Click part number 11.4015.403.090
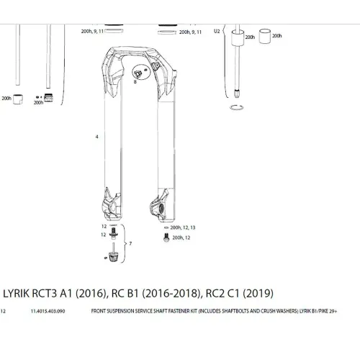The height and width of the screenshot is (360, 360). [52, 312]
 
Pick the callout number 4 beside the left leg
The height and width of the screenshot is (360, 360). [96, 136]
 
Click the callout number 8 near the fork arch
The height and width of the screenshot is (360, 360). [135, 84]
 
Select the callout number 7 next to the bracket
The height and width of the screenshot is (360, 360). [130, 245]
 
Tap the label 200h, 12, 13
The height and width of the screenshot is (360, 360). [183, 228]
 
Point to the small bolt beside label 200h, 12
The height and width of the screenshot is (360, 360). [166, 237]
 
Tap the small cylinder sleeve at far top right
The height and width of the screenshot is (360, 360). [269, 37]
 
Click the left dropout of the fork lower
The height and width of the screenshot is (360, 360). [111, 210]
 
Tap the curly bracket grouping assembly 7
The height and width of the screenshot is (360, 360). [124, 245]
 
